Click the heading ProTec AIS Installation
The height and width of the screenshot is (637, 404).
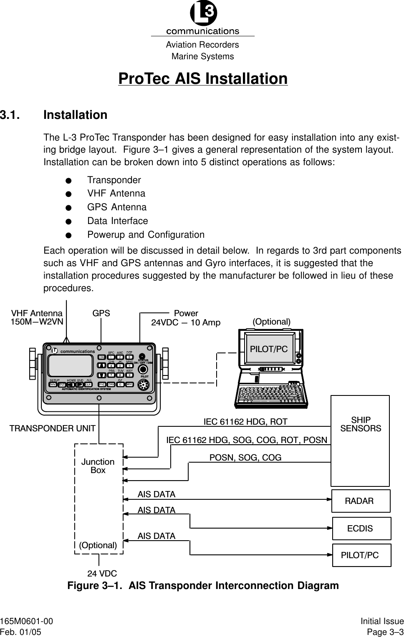tap(203, 79)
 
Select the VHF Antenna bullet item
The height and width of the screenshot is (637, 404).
tap(116, 194)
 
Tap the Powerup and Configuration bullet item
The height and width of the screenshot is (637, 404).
tap(146, 235)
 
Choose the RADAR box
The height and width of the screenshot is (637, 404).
tap(361, 501)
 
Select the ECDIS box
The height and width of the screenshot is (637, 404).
tap(361, 529)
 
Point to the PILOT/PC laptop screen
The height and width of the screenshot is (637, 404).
tap(269, 349)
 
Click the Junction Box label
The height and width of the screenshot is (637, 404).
tap(98, 466)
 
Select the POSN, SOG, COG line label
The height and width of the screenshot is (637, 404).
tap(245, 458)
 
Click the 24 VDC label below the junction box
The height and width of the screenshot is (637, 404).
tap(102, 574)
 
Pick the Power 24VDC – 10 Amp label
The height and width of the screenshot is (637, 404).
tap(186, 317)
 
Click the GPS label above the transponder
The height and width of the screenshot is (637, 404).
tap(101, 313)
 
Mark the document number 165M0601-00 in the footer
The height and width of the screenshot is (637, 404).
tap(27, 622)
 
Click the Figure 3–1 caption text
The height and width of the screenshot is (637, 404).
tap(203, 586)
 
